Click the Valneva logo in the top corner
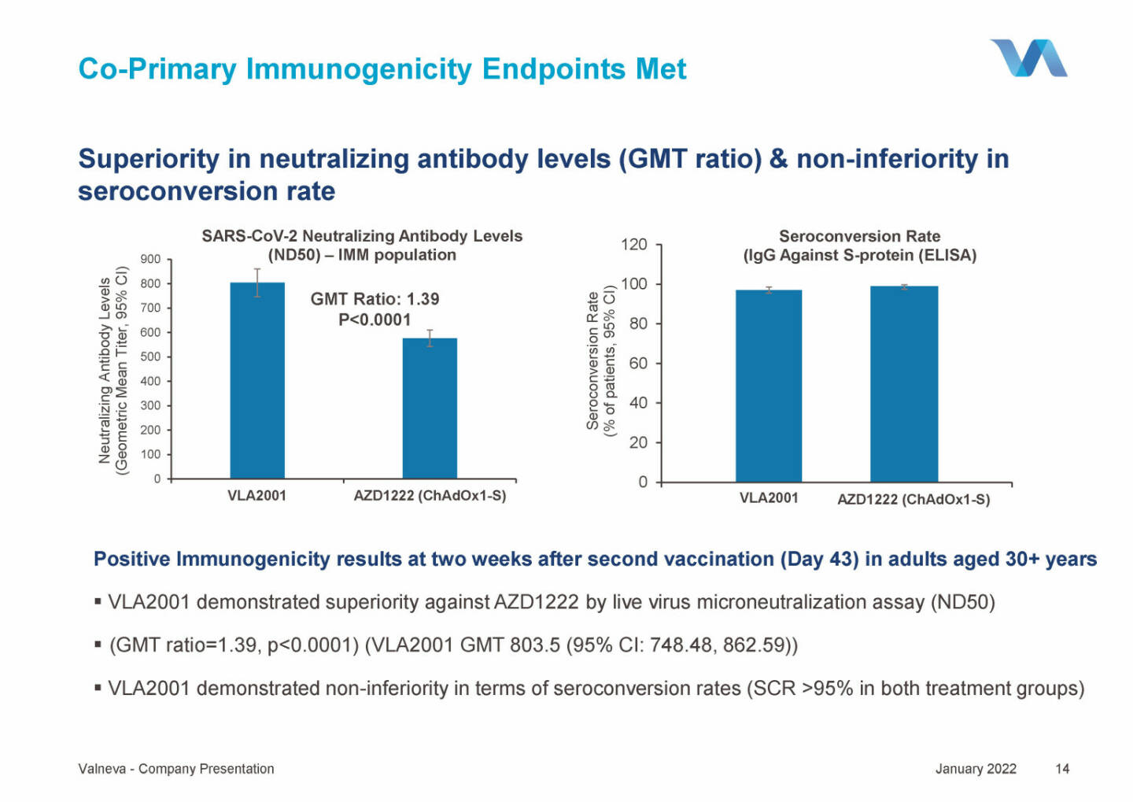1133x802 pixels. (1028, 58)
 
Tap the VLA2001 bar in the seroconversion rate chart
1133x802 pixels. (769, 386)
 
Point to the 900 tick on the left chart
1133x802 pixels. (150, 259)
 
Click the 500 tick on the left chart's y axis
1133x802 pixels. (150, 357)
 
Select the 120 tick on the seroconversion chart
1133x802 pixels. (634, 244)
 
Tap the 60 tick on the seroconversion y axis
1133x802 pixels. (637, 363)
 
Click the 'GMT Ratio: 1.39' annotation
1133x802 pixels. (375, 299)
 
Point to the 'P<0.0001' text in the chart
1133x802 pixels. (375, 320)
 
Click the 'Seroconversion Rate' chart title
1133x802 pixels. (859, 236)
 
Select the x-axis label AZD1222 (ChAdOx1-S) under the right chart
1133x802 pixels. (913, 499)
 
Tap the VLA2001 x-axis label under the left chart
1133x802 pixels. (256, 496)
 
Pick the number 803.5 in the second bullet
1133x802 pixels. (534, 645)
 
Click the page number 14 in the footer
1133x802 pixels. (1062, 769)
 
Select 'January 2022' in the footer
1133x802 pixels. (976, 769)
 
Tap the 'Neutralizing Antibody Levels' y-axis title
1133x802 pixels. (105, 370)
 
